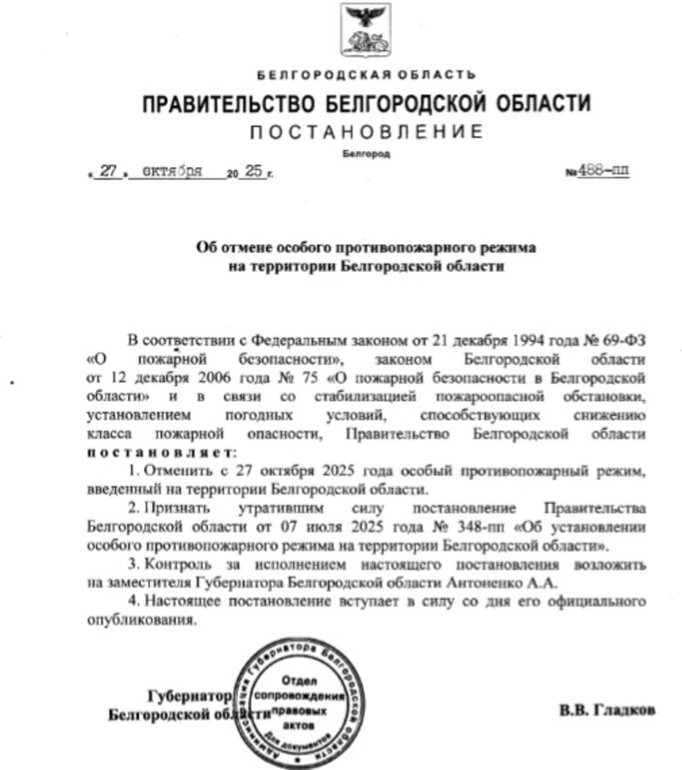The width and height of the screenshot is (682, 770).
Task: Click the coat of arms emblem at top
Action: [367, 30]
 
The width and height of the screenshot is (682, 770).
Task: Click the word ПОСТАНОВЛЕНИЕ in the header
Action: [367, 132]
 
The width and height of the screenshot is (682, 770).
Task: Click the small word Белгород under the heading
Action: [366, 153]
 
